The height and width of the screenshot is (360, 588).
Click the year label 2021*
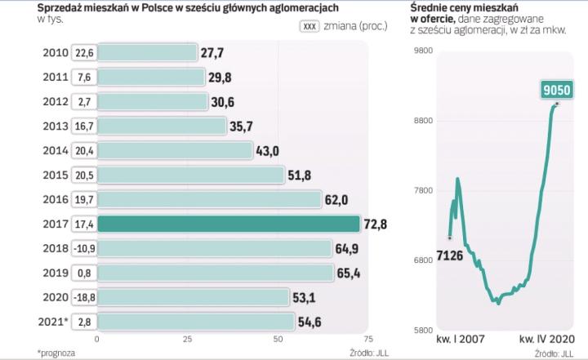pos(52,321)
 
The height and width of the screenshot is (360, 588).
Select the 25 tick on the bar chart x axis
pos(187,338)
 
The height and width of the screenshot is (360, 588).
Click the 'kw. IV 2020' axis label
pos(548,339)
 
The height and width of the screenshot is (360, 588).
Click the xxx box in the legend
pos(310,26)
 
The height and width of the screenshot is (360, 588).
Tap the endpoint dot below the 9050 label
pos(557,104)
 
